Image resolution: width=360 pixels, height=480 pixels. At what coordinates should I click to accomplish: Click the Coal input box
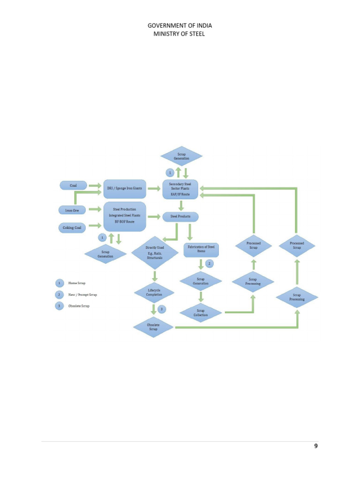[x=73, y=186]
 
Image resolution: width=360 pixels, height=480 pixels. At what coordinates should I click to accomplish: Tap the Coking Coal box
[x=72, y=228]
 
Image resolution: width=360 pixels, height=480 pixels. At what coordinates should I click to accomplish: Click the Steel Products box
[x=180, y=217]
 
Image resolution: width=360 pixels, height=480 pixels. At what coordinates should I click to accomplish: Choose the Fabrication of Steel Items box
[x=202, y=248]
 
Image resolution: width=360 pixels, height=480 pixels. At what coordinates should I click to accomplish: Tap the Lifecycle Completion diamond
[x=154, y=293]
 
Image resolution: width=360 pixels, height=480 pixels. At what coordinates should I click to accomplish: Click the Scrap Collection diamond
[x=201, y=313]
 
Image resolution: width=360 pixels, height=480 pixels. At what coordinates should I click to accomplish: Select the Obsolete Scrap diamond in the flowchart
[x=153, y=327]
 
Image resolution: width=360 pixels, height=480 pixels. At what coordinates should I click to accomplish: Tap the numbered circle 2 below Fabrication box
[x=210, y=263]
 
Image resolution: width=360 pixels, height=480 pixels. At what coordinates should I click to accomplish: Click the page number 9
[x=316, y=446]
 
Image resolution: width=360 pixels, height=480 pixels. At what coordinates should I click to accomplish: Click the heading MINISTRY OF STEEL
[x=180, y=34]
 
